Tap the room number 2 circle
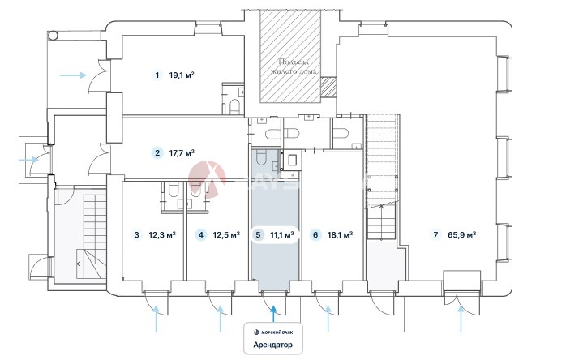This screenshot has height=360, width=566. click(x=157, y=152)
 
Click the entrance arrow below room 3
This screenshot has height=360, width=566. click(x=157, y=322)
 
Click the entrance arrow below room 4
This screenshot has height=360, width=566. click(x=221, y=322)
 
